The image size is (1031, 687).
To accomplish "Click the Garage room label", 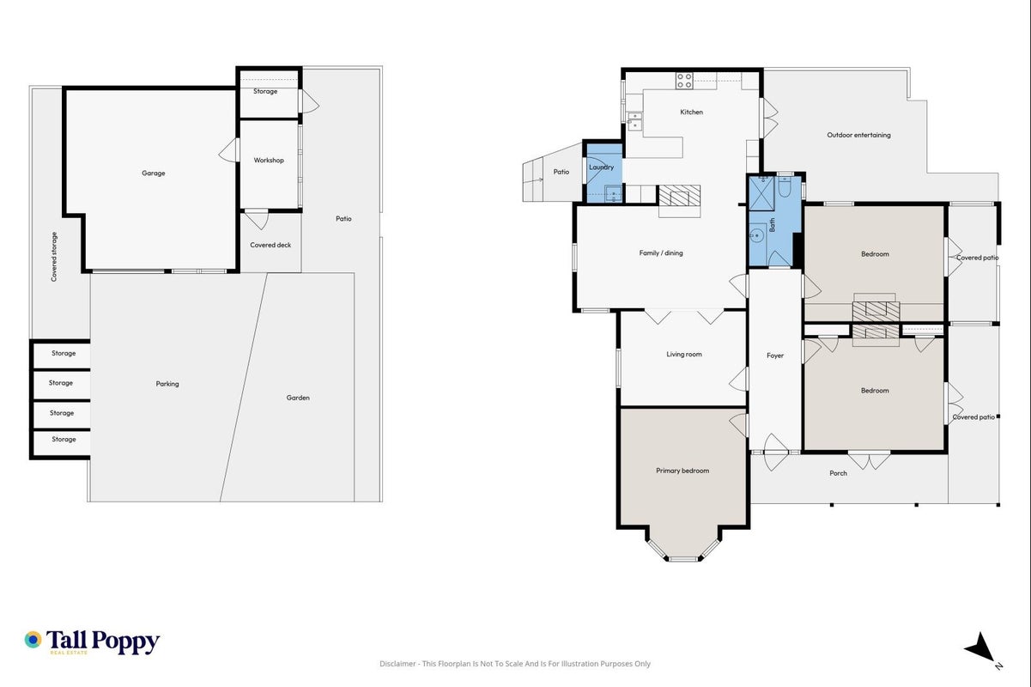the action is point(154,173).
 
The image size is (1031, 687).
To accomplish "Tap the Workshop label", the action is point(269,161).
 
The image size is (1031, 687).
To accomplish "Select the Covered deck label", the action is point(270,245).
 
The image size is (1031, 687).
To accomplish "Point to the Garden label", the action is point(298,398).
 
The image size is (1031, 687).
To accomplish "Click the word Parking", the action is point(167,384).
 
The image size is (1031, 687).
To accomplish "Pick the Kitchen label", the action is point(691,112).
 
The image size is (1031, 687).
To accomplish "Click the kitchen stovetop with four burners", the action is point(684,81).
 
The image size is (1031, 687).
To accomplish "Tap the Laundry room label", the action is point(601,167).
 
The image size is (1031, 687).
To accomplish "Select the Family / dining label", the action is point(661,252).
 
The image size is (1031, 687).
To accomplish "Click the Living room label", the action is point(684,354).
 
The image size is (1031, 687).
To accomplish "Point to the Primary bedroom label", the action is point(682,471).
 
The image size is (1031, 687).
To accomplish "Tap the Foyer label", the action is point(775,356).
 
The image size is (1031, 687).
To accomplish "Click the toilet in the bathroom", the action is point(785,186).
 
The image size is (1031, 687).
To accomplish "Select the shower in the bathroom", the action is point(761,194).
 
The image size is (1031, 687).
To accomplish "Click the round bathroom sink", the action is point(756,236).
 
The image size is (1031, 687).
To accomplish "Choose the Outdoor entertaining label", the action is point(858,135).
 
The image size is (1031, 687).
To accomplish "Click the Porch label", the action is point(838,473).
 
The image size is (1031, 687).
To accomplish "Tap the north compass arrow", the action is point(981,647).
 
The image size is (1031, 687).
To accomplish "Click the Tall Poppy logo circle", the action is point(33,640).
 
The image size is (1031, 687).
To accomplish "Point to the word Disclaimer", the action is point(397,664).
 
